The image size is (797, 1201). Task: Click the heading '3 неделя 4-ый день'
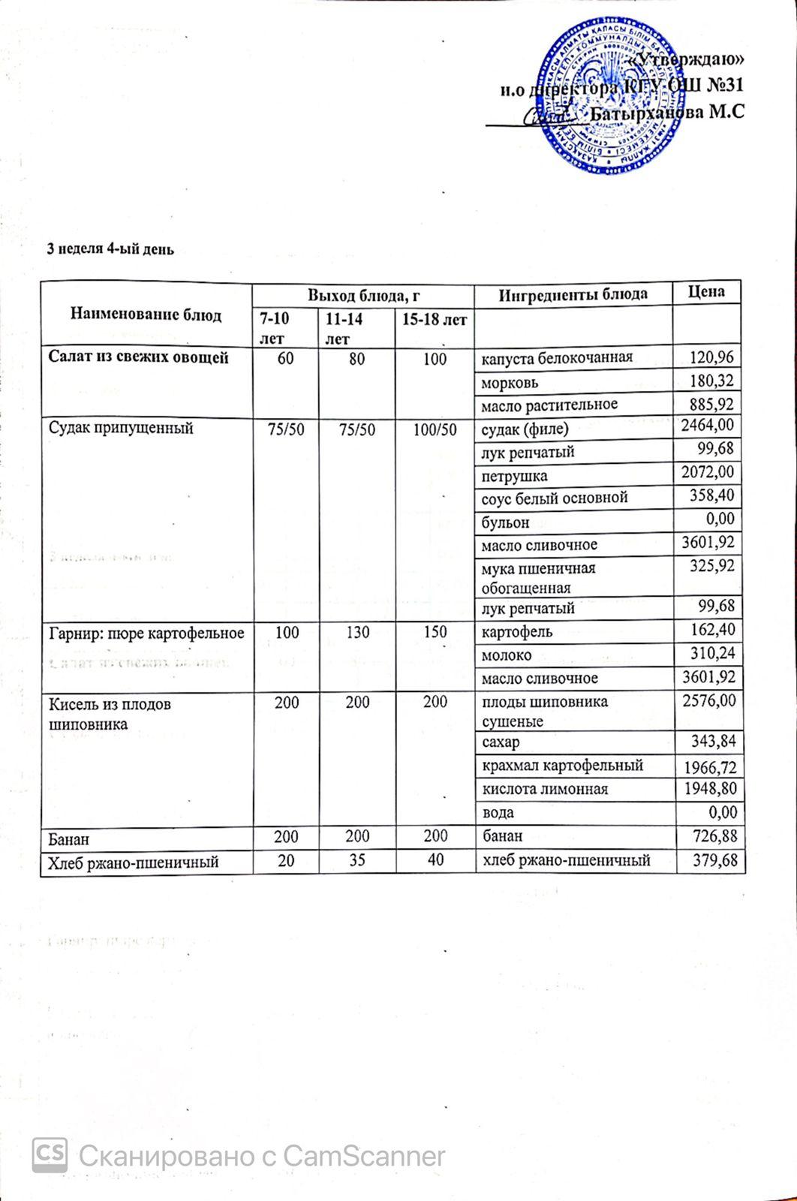(111, 249)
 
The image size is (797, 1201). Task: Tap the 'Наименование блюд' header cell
(146, 315)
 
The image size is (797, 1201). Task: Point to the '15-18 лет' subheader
(435, 320)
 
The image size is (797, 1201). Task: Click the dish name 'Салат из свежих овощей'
(138, 358)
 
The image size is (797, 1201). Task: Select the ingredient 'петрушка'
(514, 476)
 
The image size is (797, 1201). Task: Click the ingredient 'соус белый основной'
(554, 498)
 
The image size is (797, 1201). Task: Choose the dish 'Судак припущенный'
(121, 428)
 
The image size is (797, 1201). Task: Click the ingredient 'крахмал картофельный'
(561, 766)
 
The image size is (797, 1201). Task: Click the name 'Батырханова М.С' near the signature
(668, 113)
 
